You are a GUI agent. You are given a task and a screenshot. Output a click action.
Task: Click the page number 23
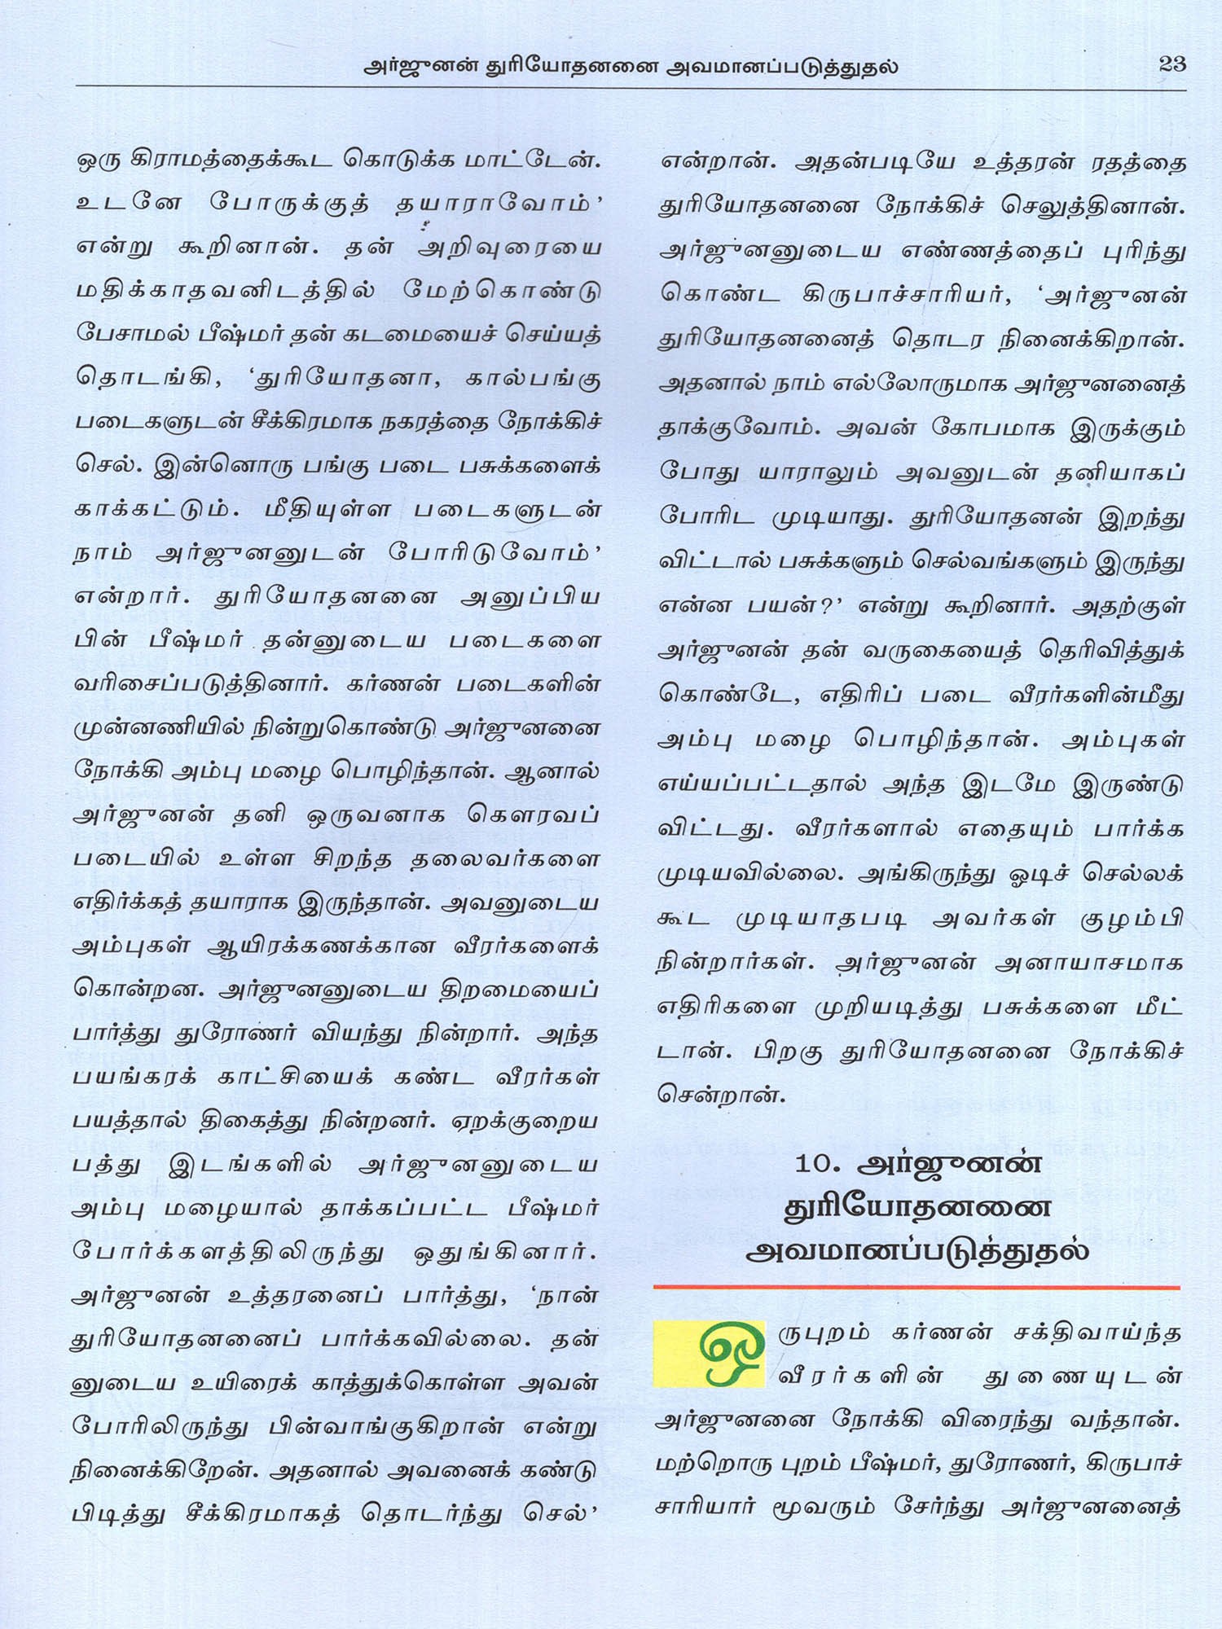(1171, 64)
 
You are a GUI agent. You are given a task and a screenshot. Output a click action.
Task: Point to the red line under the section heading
(916, 1288)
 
